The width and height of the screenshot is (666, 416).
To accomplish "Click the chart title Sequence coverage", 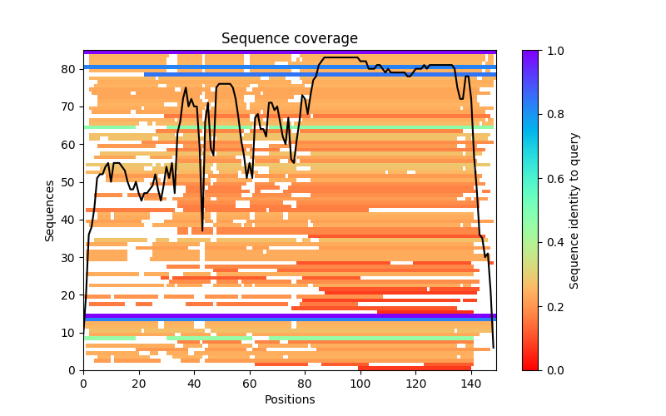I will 289,38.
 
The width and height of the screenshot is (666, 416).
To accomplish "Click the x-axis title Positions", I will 289,399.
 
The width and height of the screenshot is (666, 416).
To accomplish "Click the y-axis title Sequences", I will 50,210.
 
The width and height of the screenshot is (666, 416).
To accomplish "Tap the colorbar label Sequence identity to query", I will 574,210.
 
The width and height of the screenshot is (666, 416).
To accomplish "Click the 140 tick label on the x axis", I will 470,383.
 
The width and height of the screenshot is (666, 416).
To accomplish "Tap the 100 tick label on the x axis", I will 360,383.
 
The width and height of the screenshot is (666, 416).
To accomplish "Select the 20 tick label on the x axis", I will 138,383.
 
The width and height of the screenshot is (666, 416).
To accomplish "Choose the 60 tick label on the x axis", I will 249,383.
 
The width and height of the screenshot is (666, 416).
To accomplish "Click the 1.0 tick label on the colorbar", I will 551,51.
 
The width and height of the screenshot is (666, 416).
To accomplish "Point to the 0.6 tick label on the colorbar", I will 551,178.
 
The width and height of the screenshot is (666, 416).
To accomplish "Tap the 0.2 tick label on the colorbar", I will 551,306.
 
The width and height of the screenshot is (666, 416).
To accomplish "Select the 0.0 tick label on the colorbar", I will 551,370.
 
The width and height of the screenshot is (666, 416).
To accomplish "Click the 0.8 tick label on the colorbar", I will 551,115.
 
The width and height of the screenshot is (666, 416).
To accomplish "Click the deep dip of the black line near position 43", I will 202,230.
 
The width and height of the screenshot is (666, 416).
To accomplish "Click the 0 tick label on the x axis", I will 83,383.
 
